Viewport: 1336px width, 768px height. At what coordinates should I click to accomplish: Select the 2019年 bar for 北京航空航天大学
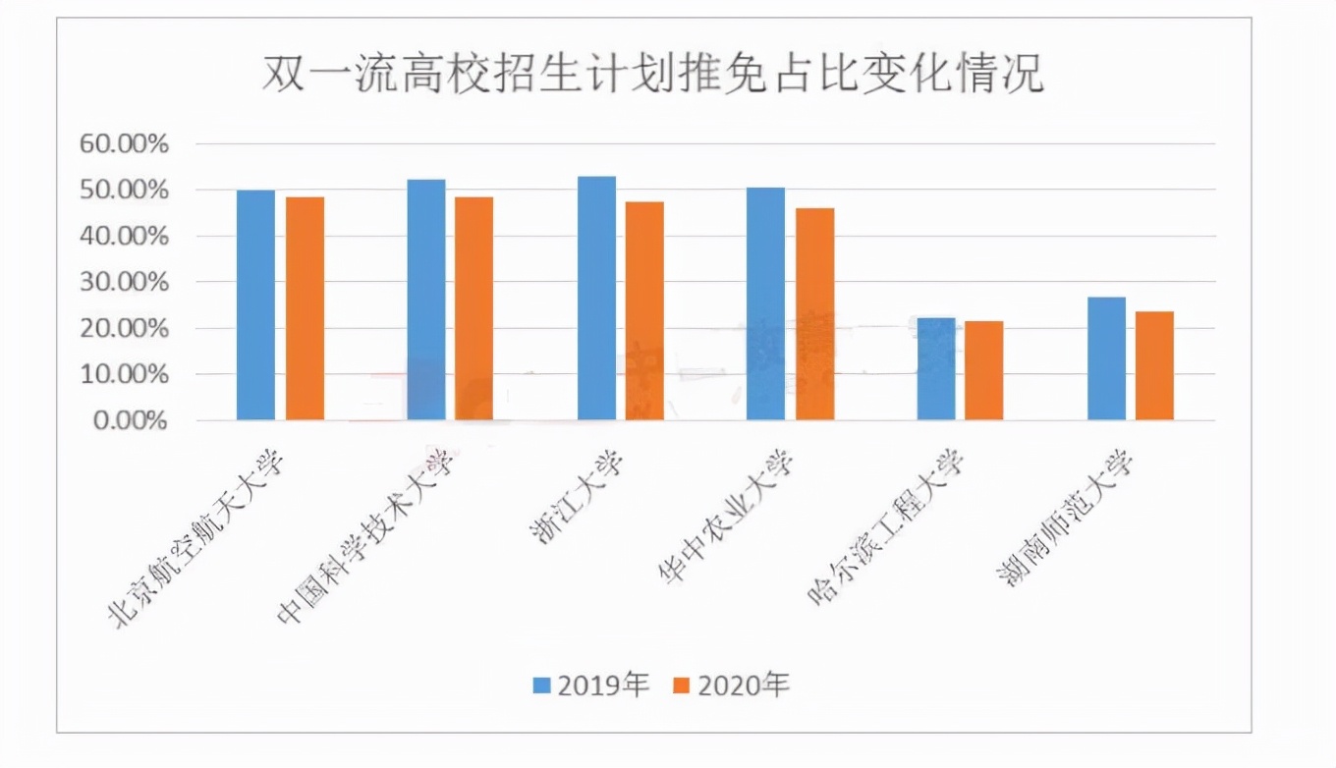[x=256, y=304]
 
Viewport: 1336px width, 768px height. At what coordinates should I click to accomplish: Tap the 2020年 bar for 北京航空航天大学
[x=305, y=308]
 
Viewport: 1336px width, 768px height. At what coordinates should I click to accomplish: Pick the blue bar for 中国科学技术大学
[x=426, y=300]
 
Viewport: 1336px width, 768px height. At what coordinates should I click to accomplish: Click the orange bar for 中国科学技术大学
[x=474, y=308]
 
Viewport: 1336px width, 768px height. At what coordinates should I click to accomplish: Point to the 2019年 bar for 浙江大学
[x=596, y=299]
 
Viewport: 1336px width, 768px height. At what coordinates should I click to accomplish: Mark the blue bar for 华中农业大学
[x=766, y=303]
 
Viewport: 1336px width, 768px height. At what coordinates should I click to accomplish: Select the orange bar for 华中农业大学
[x=814, y=314]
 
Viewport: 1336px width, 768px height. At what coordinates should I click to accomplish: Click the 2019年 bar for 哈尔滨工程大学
[x=936, y=368]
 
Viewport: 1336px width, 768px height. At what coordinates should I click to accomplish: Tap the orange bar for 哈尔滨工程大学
[x=984, y=370]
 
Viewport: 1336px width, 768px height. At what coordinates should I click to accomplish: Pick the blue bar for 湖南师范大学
[x=1106, y=358]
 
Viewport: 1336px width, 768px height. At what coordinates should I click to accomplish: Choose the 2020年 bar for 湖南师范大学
[x=1154, y=365]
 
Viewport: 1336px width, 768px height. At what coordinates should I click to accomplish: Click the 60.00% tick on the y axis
[x=125, y=144]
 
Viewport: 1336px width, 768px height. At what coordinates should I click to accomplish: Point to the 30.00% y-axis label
[x=125, y=283]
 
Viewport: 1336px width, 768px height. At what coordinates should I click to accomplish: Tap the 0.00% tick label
[x=131, y=421]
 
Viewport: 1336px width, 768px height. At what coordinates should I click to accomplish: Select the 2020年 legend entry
[x=732, y=685]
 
